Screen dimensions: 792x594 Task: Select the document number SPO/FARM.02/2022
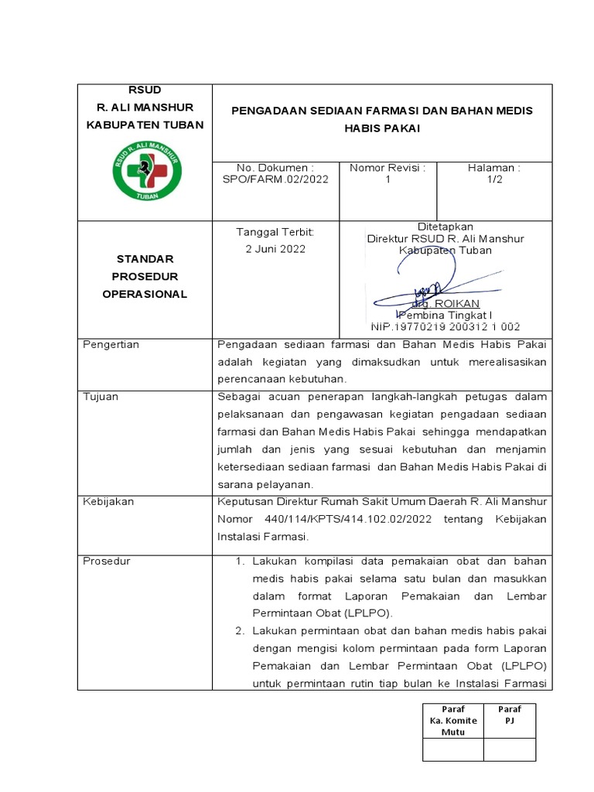click(275, 179)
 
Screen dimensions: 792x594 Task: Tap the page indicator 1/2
click(493, 179)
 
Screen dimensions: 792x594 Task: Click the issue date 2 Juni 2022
click(275, 249)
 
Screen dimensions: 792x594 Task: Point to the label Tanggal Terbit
click(275, 232)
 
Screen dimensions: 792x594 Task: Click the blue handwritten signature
click(433, 278)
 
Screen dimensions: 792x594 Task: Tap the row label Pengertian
click(111, 345)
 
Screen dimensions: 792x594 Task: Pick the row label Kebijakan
click(108, 501)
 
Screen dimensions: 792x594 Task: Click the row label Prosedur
click(107, 561)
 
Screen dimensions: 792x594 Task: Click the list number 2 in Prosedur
click(240, 632)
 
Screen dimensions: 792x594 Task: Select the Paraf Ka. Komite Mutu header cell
click(453, 720)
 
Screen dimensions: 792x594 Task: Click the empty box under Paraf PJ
click(509, 749)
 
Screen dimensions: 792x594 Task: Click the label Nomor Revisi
click(387, 168)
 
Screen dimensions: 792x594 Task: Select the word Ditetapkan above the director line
click(445, 227)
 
